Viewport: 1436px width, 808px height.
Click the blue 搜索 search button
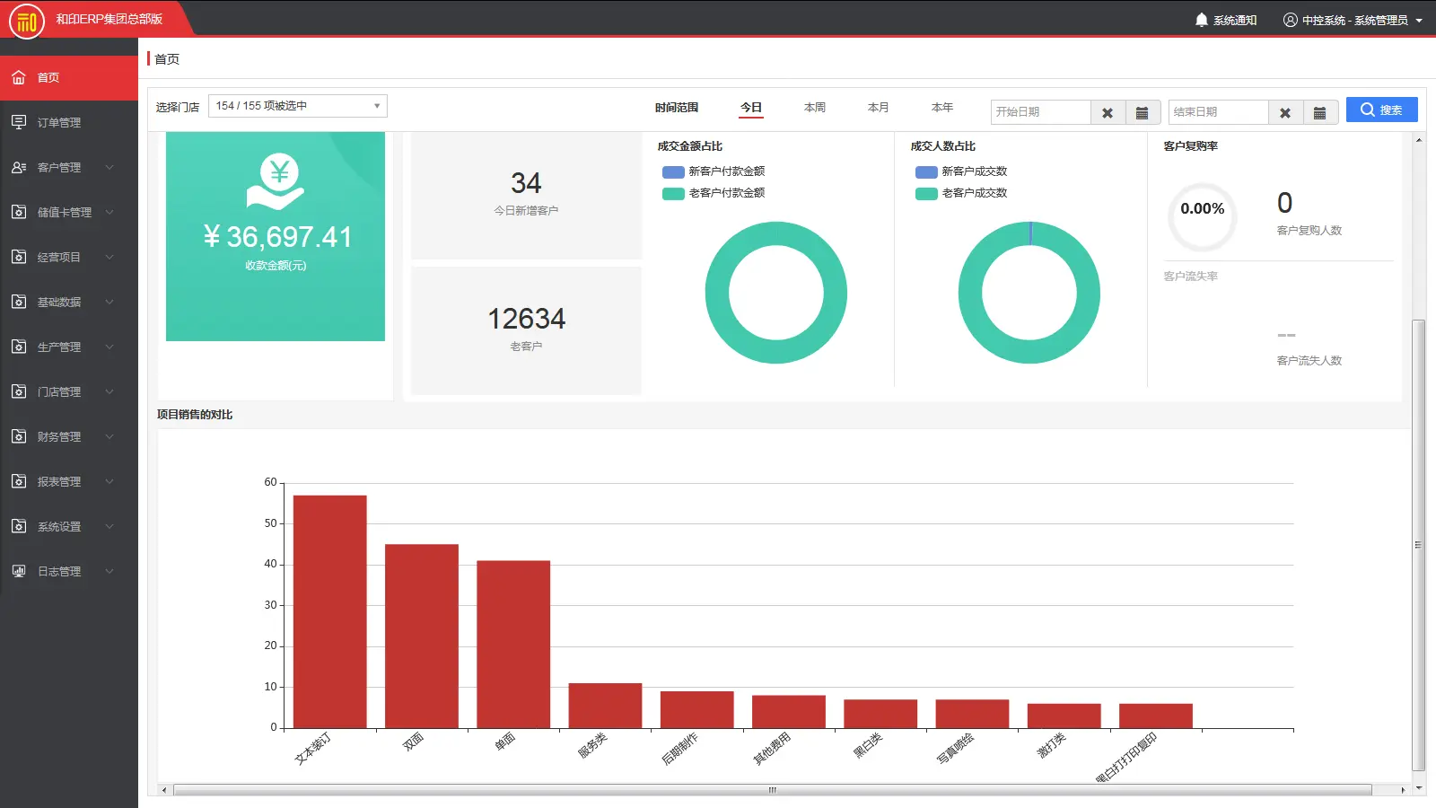(1381, 110)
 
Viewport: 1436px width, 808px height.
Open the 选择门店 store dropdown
(297, 106)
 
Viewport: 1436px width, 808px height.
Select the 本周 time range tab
(814, 108)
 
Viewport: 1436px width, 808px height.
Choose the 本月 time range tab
(878, 108)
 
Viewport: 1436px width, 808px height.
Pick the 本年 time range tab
(941, 108)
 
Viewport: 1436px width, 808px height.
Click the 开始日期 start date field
(1040, 112)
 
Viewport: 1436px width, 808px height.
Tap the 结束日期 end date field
(1218, 112)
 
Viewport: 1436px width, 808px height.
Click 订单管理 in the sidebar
(59, 123)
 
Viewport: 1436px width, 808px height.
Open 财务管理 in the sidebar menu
(59, 437)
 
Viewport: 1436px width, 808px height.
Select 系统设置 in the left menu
(59, 527)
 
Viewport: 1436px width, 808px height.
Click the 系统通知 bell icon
(1202, 20)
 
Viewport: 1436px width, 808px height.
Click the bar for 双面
(421, 636)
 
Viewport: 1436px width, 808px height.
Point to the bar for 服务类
(605, 706)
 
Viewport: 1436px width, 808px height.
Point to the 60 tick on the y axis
(270, 483)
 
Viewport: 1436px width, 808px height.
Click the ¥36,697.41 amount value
(277, 237)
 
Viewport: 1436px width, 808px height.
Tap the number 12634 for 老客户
(526, 319)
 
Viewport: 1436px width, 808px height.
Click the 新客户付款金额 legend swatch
(673, 171)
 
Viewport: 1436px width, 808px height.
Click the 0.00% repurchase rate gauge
(1202, 215)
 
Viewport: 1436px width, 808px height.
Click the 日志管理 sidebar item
(59, 572)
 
